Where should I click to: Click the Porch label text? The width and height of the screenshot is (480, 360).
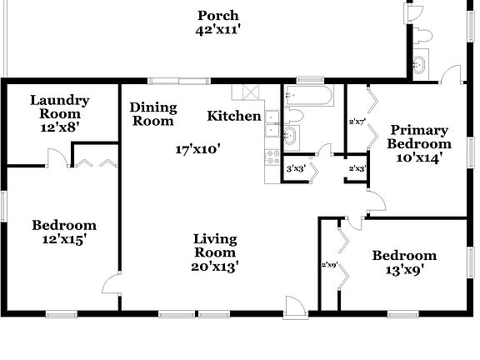[218, 15]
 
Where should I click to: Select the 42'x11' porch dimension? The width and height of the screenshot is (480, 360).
[218, 30]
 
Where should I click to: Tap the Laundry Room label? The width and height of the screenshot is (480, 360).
[60, 107]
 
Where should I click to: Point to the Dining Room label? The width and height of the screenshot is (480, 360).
[152, 113]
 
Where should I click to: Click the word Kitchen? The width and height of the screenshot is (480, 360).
[234, 116]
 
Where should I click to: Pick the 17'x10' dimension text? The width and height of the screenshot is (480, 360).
[197, 150]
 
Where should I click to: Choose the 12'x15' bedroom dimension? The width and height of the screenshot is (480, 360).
[64, 240]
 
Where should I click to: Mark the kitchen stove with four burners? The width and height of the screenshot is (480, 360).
[272, 156]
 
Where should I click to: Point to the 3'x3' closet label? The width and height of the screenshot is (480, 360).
[294, 168]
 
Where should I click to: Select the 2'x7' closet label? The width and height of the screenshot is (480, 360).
[357, 122]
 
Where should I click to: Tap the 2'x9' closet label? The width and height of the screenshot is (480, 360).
[328, 265]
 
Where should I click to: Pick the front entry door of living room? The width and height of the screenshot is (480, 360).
[294, 304]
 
